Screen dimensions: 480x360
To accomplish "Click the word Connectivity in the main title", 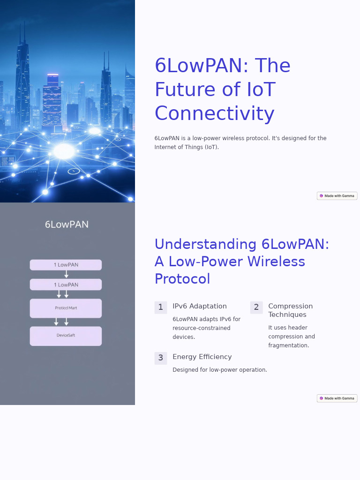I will (214, 114).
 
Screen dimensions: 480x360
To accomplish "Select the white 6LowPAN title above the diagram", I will (67, 225).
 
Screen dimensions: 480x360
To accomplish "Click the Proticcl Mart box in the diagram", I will (66, 308).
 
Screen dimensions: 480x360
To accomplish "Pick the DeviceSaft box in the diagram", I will (66, 336).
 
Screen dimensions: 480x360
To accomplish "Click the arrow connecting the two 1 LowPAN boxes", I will (66, 274).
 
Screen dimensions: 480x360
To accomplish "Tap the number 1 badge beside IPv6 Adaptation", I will (160, 307).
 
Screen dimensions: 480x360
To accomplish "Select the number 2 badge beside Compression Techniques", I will (256, 307).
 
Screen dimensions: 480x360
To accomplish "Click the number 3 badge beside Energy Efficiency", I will (160, 358).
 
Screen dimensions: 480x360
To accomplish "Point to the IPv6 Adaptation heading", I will (200, 306).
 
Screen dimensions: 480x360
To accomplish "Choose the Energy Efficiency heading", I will (202, 357).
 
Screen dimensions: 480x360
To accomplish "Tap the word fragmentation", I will (289, 345).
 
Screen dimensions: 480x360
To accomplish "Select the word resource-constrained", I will (202, 328).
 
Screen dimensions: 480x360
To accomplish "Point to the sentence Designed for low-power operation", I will (220, 370).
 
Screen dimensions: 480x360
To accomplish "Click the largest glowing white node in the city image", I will (64, 151).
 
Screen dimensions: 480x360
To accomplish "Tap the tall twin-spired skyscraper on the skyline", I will (22, 75).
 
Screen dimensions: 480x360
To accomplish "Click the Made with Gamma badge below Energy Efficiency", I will (337, 398).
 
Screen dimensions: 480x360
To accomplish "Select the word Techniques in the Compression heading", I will (287, 315).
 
